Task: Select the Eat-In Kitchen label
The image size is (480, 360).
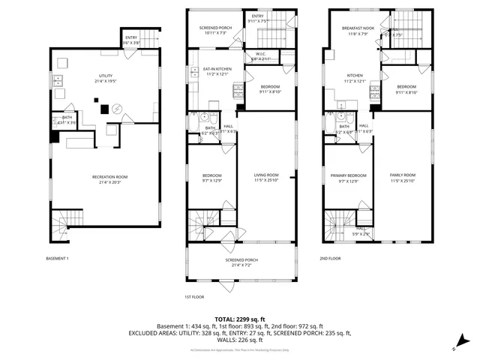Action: pyautogui.click(x=217, y=70)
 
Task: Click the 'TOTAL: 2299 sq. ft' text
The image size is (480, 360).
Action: pyautogui.click(x=239, y=319)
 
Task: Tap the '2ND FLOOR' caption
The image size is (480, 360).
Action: pyautogui.click(x=330, y=258)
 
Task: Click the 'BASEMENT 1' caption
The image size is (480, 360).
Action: pyautogui.click(x=57, y=258)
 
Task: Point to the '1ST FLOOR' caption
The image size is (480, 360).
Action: pyautogui.click(x=194, y=297)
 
